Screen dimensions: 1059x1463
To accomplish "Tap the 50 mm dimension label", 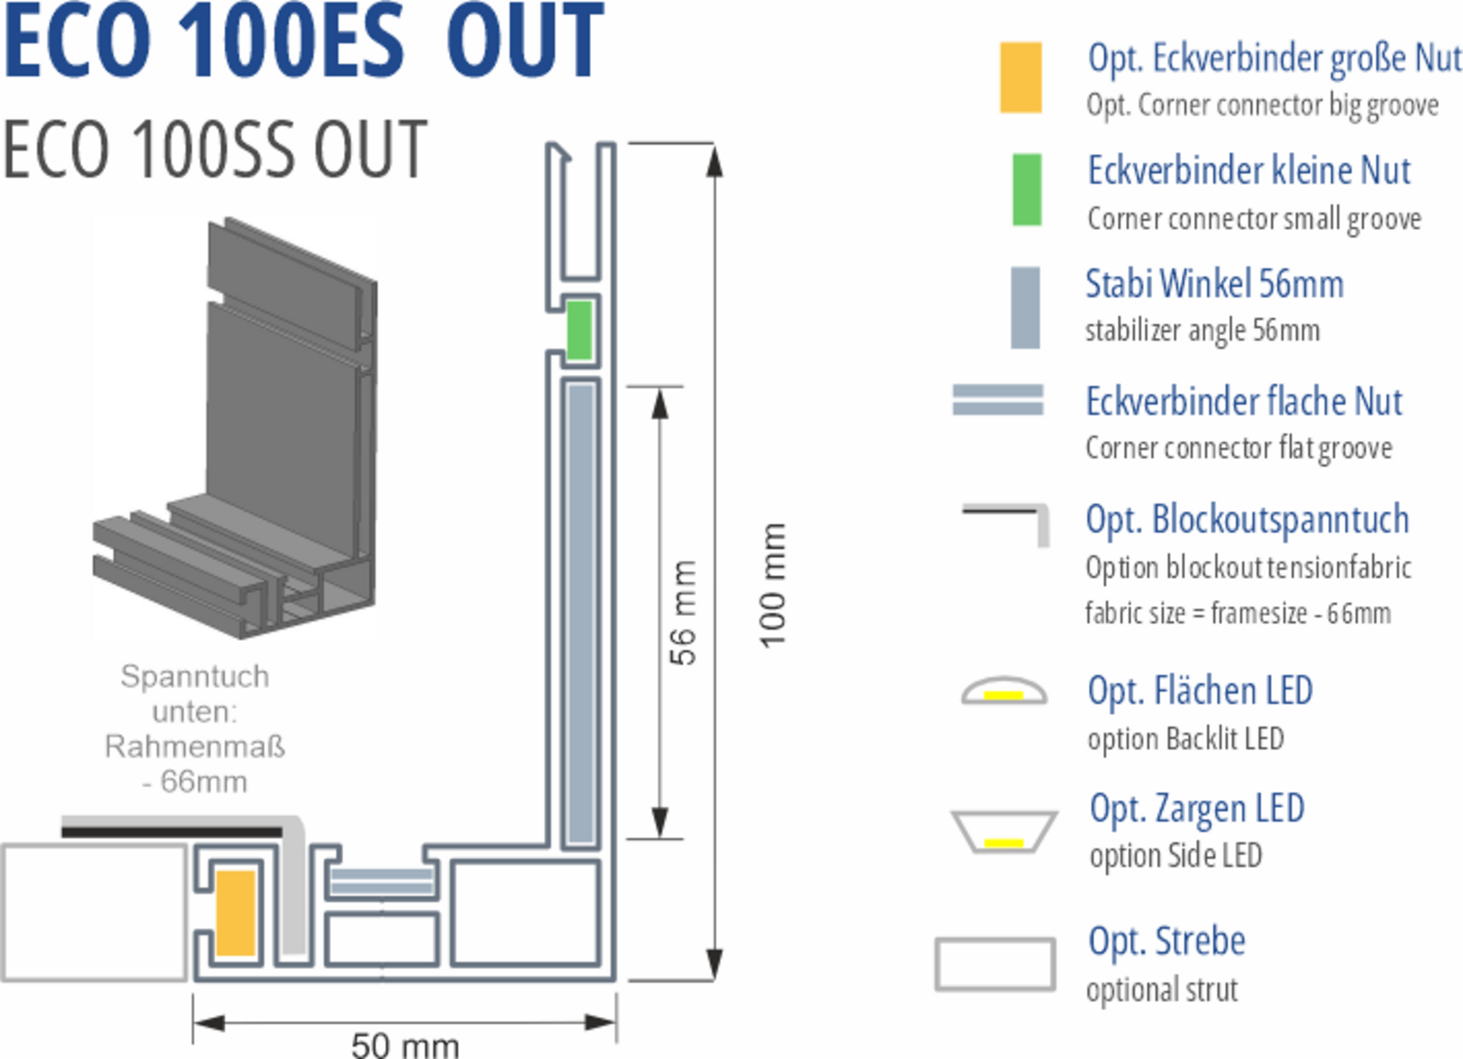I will tap(405, 1045).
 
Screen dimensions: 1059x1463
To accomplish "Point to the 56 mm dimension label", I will tap(683, 612).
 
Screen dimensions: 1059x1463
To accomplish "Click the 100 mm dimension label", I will tap(773, 584).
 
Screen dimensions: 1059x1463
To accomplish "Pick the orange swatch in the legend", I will tap(1020, 78).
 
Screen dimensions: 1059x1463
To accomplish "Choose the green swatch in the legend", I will tap(1026, 190).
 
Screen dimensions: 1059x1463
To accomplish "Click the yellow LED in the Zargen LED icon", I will tap(1003, 843).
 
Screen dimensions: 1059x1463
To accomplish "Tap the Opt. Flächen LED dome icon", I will tap(1004, 691).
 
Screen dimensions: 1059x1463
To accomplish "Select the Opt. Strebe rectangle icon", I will tap(995, 964).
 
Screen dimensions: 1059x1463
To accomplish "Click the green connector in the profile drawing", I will tap(579, 330).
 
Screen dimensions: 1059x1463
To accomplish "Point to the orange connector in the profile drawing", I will tap(236, 913).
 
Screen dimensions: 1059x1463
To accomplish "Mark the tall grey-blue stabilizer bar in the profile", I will tap(580, 612).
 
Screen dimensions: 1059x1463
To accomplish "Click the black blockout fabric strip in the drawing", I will tap(171, 830).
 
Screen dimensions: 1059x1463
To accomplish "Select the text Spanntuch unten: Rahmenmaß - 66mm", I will tap(195, 729).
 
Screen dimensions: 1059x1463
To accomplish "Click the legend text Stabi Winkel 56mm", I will tap(1214, 284).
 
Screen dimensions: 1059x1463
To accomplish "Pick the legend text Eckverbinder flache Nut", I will tap(1243, 402).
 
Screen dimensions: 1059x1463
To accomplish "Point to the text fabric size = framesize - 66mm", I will tap(1238, 612).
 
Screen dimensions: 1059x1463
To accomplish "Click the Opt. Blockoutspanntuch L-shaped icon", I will tap(1006, 521).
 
